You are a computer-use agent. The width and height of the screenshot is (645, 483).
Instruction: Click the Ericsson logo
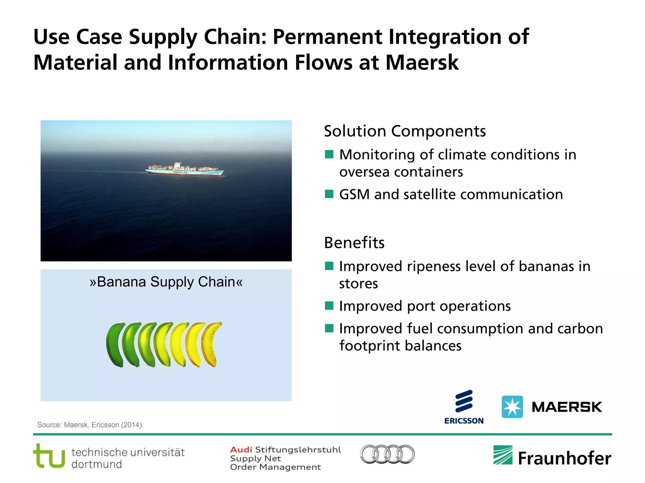coord(464,407)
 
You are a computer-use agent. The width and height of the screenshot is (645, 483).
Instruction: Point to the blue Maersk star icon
coord(512,407)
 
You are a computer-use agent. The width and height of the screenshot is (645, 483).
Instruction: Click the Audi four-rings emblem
coord(387,454)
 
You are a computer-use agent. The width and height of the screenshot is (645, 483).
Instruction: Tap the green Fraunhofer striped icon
coord(503,455)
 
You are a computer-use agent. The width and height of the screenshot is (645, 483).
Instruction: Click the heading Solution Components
coord(405,131)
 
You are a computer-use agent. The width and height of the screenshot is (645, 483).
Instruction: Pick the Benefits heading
coord(354,243)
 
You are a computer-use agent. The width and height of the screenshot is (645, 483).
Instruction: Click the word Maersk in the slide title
coord(422,62)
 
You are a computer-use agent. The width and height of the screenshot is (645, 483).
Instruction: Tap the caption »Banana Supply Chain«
coord(166,282)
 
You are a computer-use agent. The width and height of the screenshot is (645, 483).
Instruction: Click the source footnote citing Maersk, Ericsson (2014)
coord(90,425)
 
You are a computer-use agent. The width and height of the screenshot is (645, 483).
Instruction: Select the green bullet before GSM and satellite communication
coord(329,194)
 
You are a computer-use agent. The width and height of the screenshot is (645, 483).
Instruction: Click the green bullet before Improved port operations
coord(329,306)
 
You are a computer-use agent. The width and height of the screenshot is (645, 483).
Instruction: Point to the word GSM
coord(354,194)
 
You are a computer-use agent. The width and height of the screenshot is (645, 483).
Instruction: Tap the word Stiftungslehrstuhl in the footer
coord(298,450)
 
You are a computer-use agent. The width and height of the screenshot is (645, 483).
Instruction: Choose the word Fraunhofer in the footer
coord(564,458)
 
